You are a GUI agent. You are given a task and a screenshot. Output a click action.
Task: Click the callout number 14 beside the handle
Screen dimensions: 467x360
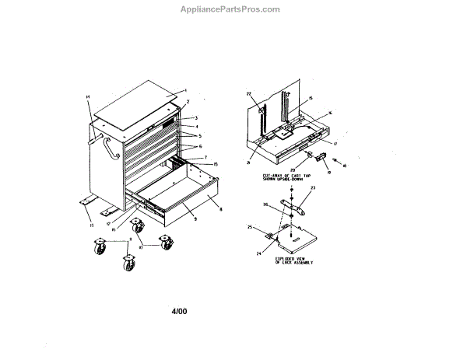pos(88,96)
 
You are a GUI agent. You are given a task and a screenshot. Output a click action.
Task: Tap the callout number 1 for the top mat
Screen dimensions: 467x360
pos(186,91)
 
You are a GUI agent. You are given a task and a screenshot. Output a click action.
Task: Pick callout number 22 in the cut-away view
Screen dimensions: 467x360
pos(250,95)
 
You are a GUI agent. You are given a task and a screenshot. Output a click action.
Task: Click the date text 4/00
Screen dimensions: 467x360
pos(179,313)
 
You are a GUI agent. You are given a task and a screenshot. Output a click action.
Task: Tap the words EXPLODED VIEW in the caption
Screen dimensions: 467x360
pos(293,257)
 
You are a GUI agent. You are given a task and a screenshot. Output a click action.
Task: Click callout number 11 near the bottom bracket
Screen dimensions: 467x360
pos(91,226)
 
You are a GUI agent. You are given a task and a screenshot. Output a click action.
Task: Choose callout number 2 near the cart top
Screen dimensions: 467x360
pos(188,103)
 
